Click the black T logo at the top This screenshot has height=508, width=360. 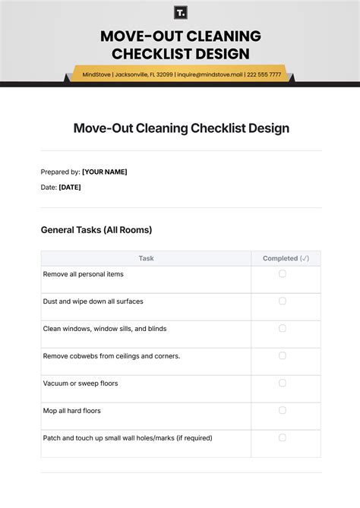pyautogui.click(x=180, y=12)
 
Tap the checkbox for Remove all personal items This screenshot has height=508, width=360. pyautogui.click(x=283, y=273)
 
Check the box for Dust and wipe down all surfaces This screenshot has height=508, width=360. pyautogui.click(x=283, y=301)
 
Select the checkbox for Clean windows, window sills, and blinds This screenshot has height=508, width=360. pyautogui.click(x=283, y=328)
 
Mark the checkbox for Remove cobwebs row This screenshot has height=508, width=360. pyautogui.click(x=283, y=355)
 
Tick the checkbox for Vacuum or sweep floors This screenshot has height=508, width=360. pyautogui.click(x=283, y=383)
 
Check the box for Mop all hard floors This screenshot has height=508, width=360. pyautogui.click(x=283, y=410)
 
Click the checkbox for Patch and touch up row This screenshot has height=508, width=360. pyautogui.click(x=283, y=437)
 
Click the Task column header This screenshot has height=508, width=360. pyautogui.click(x=146, y=258)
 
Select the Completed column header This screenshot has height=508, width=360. pyautogui.click(x=286, y=258)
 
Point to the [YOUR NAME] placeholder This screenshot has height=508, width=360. pyautogui.click(x=105, y=172)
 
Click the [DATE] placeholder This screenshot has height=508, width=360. pyautogui.click(x=70, y=187)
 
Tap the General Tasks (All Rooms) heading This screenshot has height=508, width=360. pyautogui.click(x=96, y=229)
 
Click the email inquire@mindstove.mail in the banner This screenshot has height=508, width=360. pyautogui.click(x=210, y=74)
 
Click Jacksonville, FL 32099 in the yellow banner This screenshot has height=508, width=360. pyautogui.click(x=143, y=74)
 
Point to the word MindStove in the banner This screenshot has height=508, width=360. pyautogui.click(x=96, y=74)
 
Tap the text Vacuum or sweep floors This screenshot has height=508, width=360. pyautogui.click(x=81, y=383)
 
